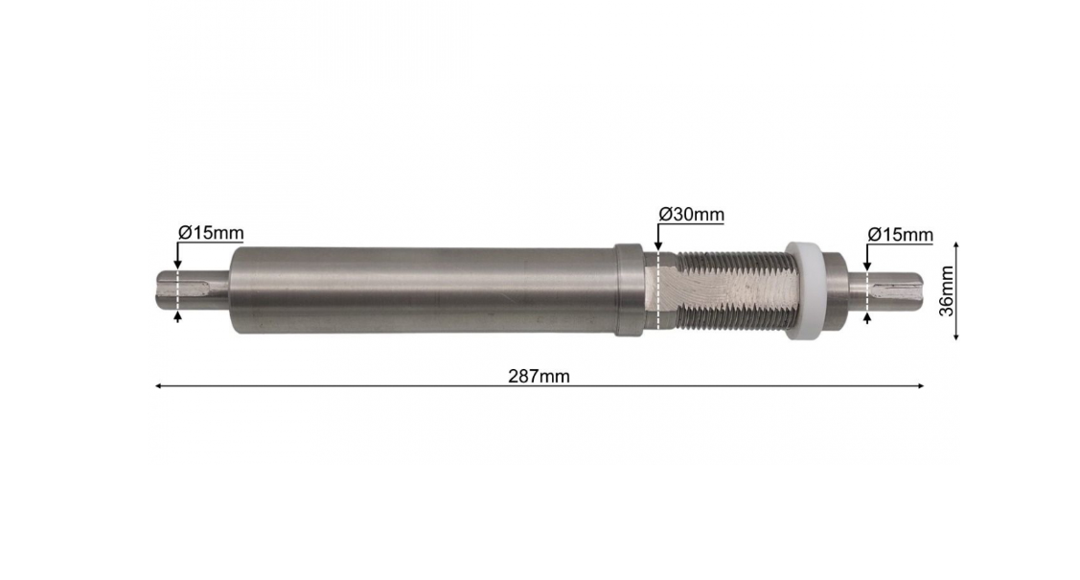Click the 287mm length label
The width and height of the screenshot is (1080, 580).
coord(539,376)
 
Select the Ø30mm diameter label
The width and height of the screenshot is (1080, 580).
coord(691,214)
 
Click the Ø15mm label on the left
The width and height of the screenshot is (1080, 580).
coord(211,233)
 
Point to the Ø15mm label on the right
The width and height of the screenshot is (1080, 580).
coord(900,235)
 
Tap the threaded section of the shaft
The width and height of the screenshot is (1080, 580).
coord(731,290)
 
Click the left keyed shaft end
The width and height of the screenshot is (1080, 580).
coord(190,290)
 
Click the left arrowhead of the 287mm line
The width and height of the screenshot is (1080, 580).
coord(158,386)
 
